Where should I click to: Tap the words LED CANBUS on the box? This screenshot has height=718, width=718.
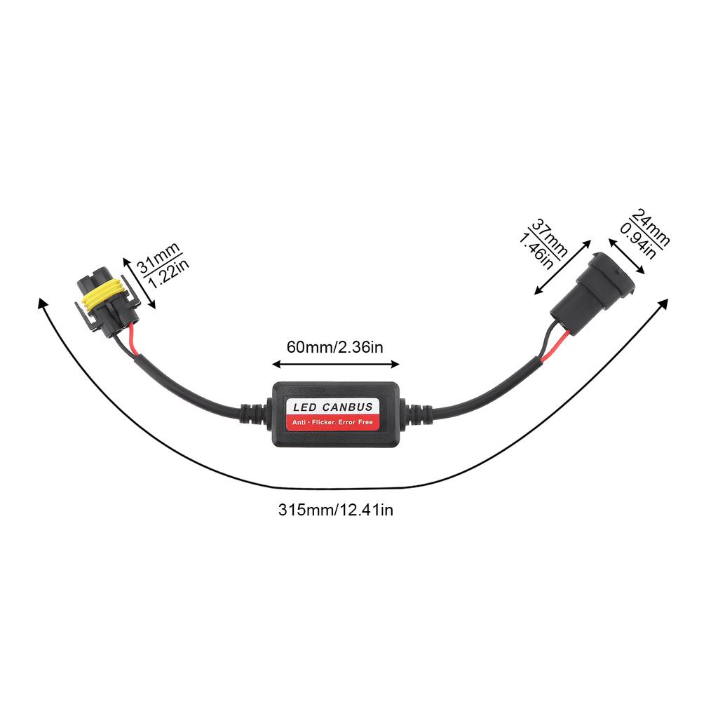tap(332, 407)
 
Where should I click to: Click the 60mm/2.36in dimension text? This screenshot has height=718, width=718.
tap(334, 346)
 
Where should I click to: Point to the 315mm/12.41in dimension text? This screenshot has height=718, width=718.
tap(335, 510)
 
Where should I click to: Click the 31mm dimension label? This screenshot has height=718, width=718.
tap(157, 257)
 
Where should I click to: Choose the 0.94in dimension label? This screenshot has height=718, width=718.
tap(637, 241)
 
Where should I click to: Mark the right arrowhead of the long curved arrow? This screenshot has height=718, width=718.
tap(662, 304)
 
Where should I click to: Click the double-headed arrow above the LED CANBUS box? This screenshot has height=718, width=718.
tap(335, 364)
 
